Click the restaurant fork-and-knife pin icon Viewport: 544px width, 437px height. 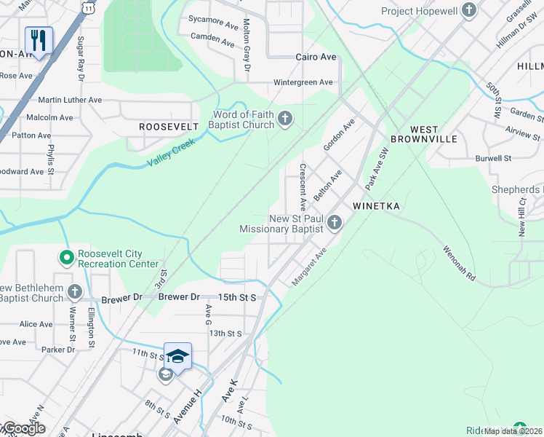tap(39, 39)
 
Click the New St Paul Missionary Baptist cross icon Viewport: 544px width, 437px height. tap(335, 223)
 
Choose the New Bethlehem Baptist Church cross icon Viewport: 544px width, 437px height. tap(75, 292)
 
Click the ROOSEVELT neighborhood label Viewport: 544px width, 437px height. tap(169, 127)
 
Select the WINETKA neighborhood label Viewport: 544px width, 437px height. tap(376, 206)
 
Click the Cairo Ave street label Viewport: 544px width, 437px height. tap(316, 57)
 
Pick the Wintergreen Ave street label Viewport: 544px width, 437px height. tap(303, 82)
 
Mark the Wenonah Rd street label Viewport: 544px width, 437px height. tap(459, 263)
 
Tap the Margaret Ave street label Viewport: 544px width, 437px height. tap(309, 267)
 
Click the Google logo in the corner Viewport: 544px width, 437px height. tap(23, 428)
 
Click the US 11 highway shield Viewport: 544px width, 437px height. tap(88, 6)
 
